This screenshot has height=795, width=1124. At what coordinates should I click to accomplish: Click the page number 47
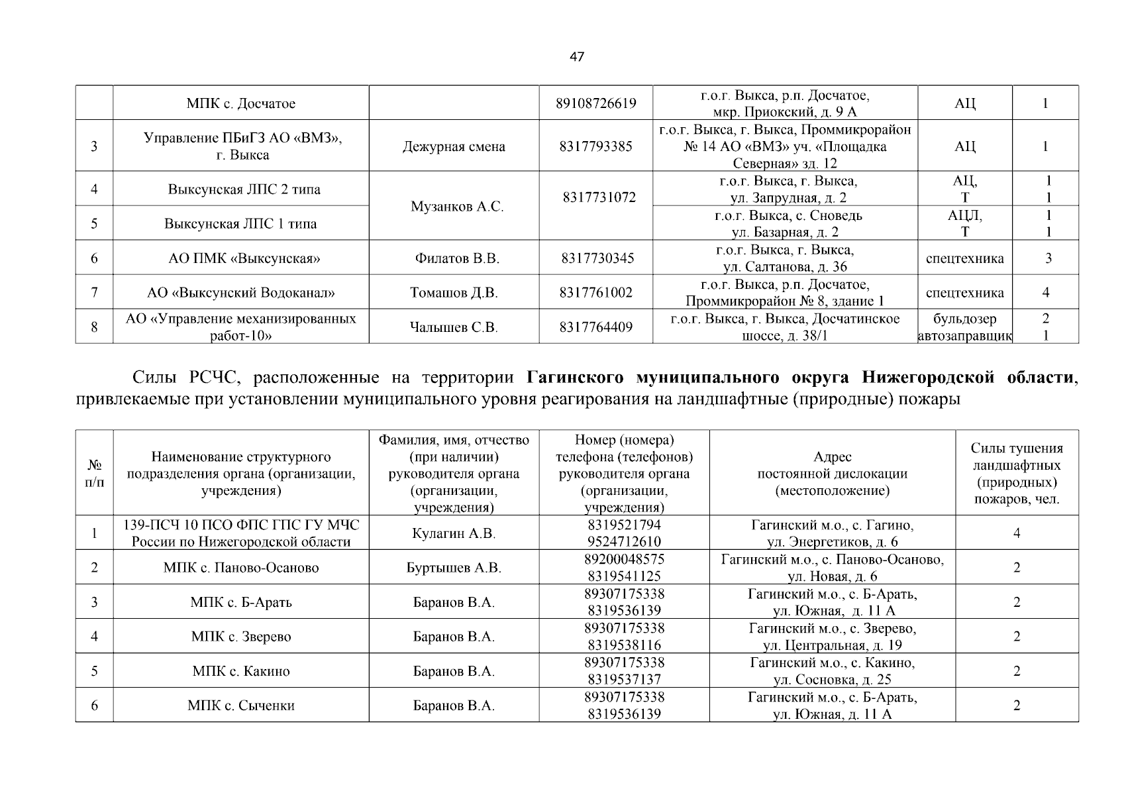(576, 57)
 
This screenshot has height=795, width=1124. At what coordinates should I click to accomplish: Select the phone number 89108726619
(595, 103)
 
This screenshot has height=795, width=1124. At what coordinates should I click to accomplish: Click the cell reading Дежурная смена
(454, 147)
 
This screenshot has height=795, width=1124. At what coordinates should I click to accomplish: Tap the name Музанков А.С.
(457, 207)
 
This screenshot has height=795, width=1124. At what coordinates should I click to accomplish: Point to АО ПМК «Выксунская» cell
(244, 258)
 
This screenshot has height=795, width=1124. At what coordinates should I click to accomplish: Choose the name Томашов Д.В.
(454, 293)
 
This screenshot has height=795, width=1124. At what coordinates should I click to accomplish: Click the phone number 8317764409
(595, 327)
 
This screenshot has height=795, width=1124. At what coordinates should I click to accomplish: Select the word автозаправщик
(964, 336)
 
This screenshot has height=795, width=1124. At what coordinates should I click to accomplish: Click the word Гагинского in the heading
(575, 378)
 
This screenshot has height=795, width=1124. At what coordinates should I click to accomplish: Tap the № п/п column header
(94, 474)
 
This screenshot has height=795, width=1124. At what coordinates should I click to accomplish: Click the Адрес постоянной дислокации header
(832, 474)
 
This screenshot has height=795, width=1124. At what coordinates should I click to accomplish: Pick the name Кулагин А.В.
(454, 533)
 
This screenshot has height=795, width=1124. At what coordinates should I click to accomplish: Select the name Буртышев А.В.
(454, 568)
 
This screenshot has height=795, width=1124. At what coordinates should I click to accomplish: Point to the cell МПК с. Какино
(241, 671)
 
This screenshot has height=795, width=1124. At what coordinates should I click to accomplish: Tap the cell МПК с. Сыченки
(241, 706)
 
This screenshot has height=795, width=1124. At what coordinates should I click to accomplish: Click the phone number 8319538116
(624, 645)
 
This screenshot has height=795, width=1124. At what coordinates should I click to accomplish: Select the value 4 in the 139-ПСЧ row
(1016, 533)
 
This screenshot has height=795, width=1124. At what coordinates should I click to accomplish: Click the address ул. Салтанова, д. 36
(785, 267)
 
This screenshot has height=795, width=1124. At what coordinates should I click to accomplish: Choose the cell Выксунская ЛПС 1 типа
(240, 224)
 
